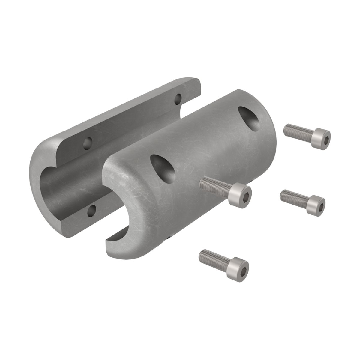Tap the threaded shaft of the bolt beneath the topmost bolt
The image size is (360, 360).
tap(292, 197)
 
